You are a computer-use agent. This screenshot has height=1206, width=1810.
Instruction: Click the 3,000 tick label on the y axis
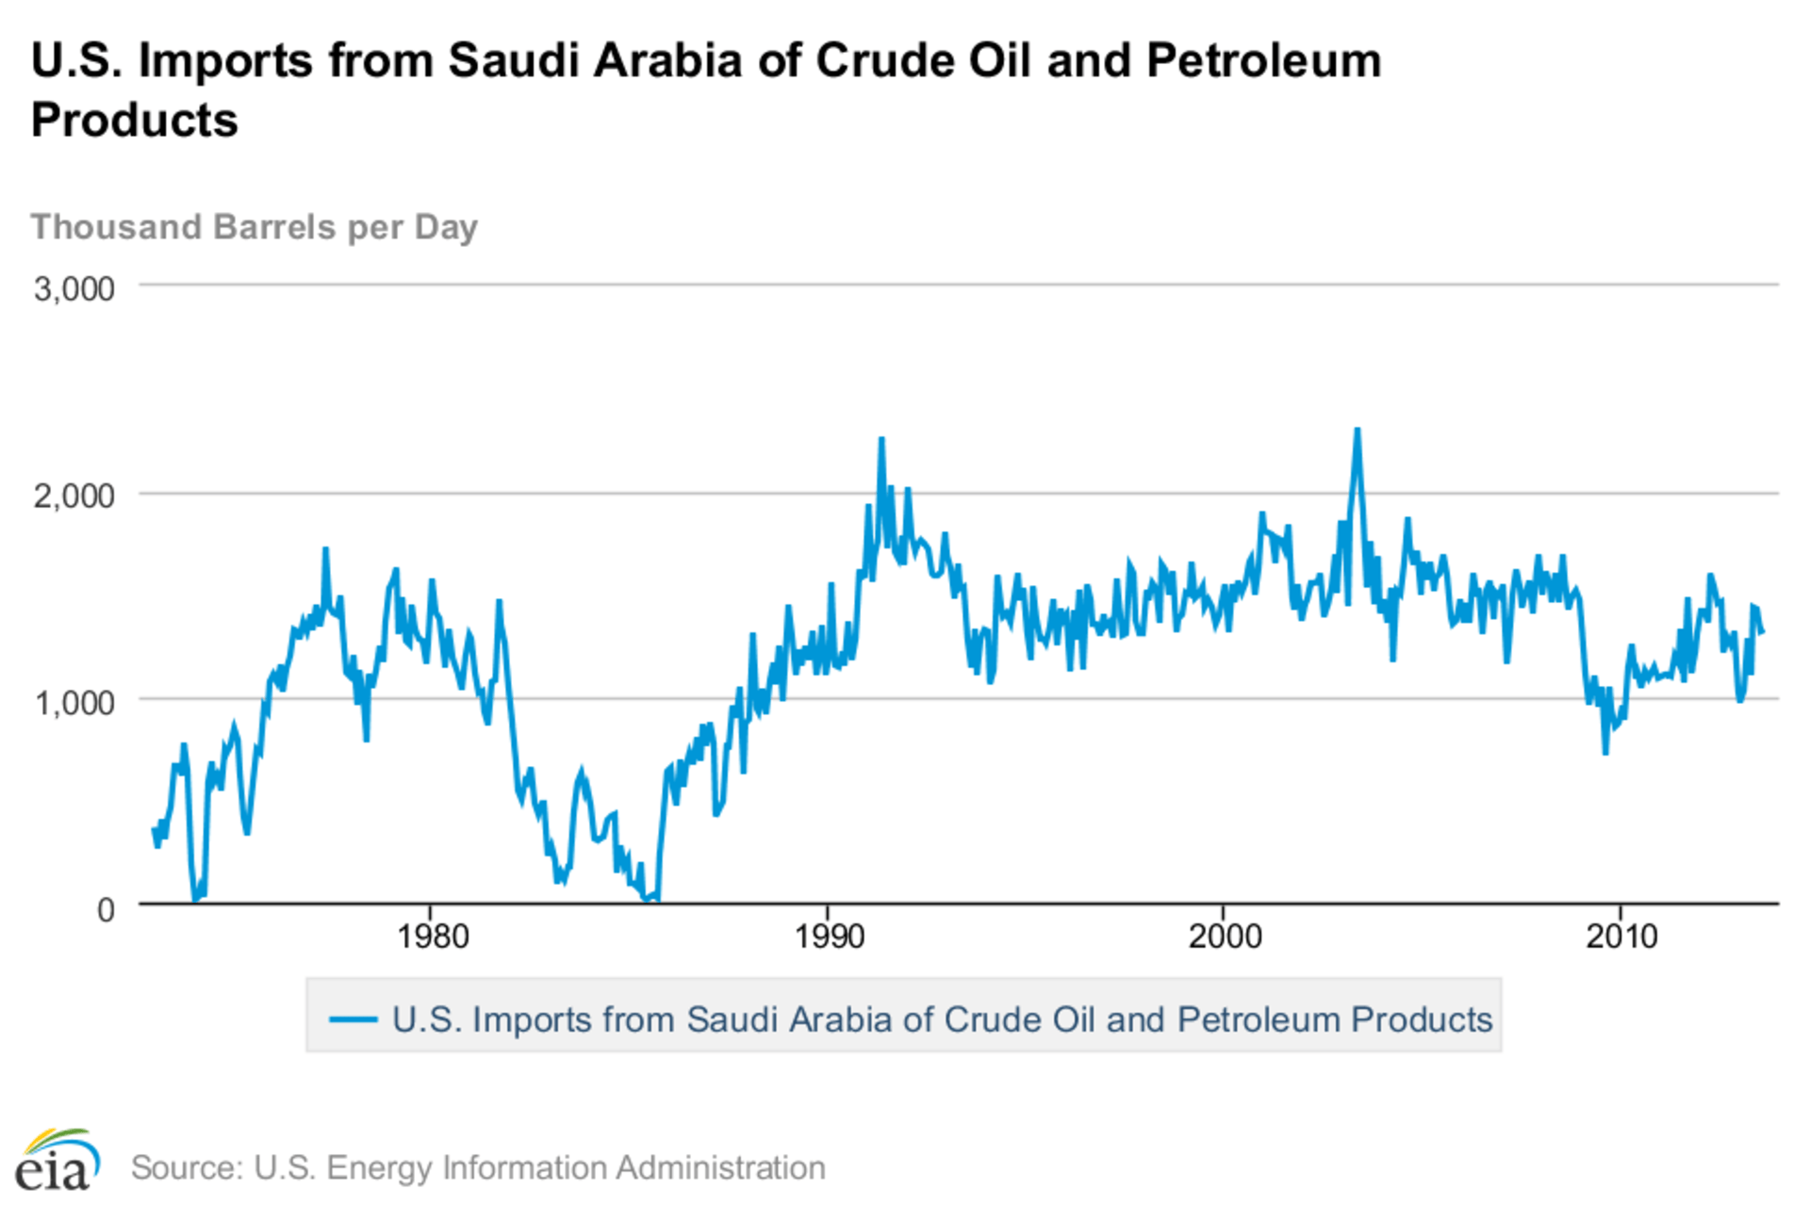pyautogui.click(x=74, y=289)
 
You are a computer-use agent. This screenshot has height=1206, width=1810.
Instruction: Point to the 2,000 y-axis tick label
pyautogui.click(x=74, y=496)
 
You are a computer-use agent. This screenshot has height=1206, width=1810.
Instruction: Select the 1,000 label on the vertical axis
pyautogui.click(x=74, y=703)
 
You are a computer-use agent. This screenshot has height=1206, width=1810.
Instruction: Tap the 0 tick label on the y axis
pyautogui.click(x=106, y=910)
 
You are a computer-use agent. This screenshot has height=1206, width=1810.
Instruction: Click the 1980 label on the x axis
pyautogui.click(x=432, y=937)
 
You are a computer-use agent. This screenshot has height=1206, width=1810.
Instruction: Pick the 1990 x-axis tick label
pyautogui.click(x=829, y=937)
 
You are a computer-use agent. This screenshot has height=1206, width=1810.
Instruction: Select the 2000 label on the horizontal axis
pyautogui.click(x=1225, y=937)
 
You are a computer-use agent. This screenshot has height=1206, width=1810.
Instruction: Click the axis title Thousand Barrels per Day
pyautogui.click(x=255, y=227)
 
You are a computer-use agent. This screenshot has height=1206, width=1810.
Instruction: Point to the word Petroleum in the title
pyautogui.click(x=1263, y=61)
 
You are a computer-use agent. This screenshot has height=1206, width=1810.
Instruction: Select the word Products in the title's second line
pyautogui.click(x=135, y=121)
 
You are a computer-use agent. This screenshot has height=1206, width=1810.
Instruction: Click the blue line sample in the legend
pyautogui.click(x=354, y=1019)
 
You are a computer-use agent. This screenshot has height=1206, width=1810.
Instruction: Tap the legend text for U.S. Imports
pyautogui.click(x=942, y=1019)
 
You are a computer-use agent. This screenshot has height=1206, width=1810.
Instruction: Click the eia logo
pyautogui.click(x=57, y=1161)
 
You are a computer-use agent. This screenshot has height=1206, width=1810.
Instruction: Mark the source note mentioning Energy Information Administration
pyautogui.click(x=478, y=1167)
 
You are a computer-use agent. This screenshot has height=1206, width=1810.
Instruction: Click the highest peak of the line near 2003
pyautogui.click(x=1357, y=431)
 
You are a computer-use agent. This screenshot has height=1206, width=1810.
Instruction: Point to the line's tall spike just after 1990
pyautogui.click(x=881, y=439)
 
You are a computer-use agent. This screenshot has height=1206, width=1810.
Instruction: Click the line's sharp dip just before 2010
pyautogui.click(x=1605, y=752)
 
